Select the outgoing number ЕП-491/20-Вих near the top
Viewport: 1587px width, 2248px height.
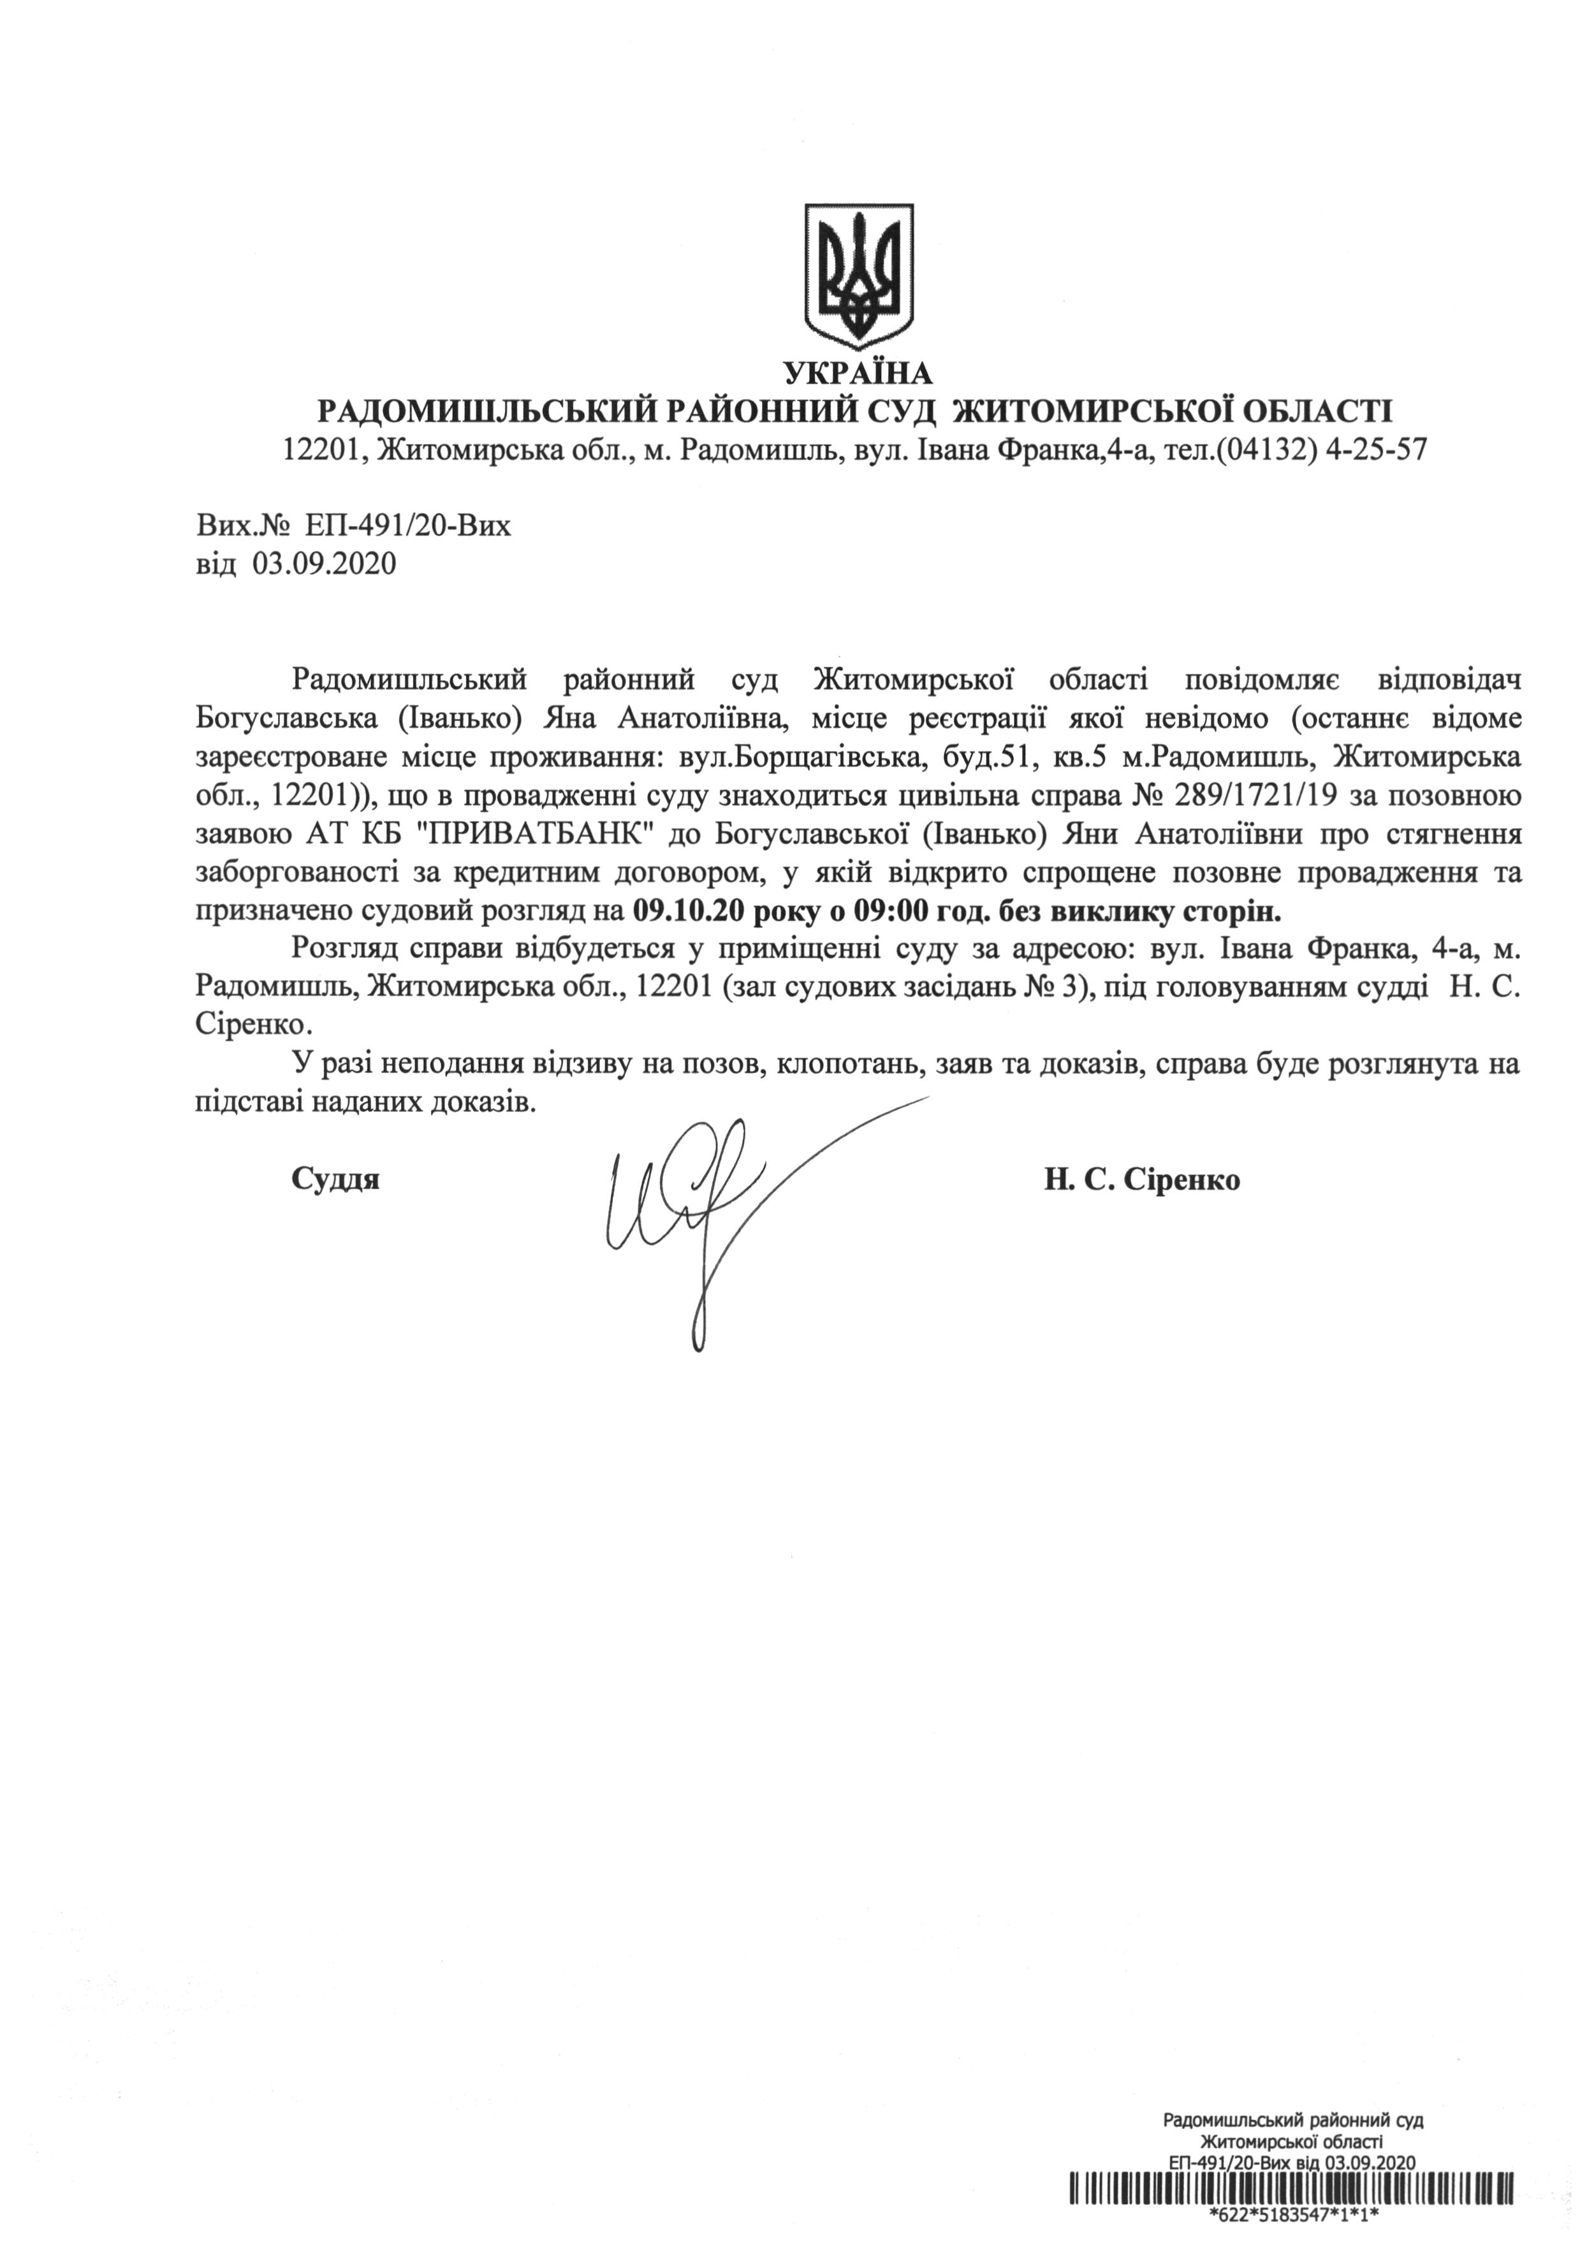point(407,527)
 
